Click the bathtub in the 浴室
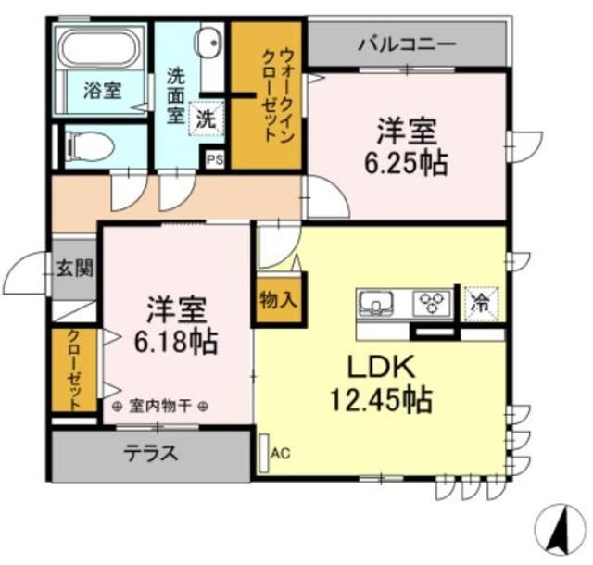tap(100, 51)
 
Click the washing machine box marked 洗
tap(206, 118)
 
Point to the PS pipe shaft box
tap(215, 159)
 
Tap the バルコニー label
tap(407, 44)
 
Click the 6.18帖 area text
tap(176, 342)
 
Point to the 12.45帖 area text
tap(380, 400)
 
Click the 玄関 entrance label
tap(74, 270)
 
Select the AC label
tap(281, 453)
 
